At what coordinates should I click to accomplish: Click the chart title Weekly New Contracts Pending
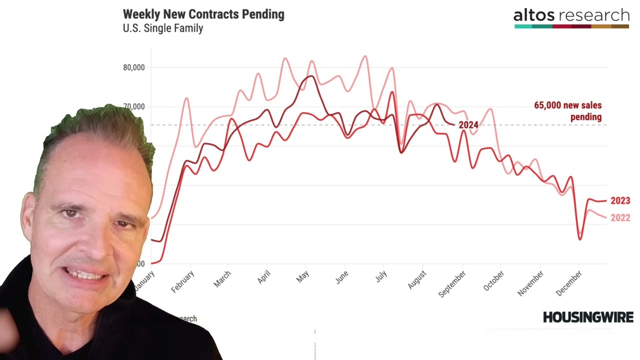(203, 14)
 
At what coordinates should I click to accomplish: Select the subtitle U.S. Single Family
(163, 28)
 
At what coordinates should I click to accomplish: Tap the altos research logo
(571, 17)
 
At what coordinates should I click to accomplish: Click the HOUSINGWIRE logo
(588, 317)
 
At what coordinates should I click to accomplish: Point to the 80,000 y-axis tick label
(133, 67)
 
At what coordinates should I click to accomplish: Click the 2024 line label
(468, 125)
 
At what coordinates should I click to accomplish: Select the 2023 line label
(620, 200)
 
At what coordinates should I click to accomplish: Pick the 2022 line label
(620, 218)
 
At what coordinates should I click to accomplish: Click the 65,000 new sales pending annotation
(568, 111)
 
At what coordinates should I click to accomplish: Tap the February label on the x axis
(182, 281)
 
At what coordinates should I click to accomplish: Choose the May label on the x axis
(302, 277)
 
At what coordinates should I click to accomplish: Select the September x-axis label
(452, 283)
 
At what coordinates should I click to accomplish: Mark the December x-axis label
(569, 283)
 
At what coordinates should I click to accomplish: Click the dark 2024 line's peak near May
(310, 76)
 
